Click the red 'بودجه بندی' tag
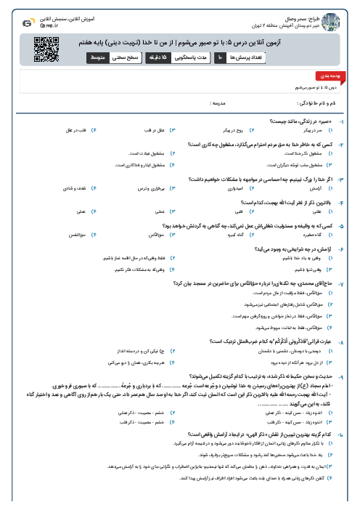click(x=326, y=75)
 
